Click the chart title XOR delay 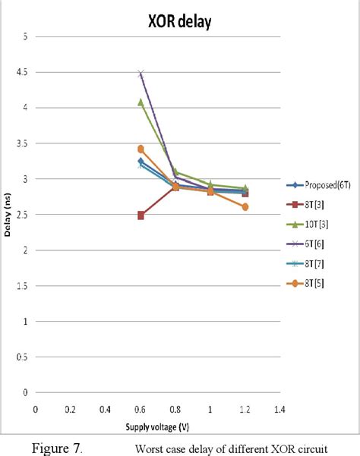(179, 23)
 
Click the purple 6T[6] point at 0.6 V (141, 74)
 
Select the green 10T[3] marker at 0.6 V (141, 102)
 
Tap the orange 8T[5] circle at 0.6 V (141, 149)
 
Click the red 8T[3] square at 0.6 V (141, 215)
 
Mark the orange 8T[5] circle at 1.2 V (245, 207)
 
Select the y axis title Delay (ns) (8, 215)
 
